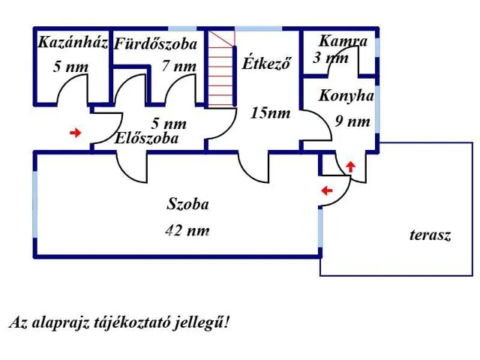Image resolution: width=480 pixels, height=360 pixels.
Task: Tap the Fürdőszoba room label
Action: pos(155,45)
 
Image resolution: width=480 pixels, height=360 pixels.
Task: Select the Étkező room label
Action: pos(265,63)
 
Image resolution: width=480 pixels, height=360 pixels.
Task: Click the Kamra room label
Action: pos(343,41)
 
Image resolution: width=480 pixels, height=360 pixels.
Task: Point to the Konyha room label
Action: pos(346,96)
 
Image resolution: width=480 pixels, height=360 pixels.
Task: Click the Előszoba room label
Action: pos(147,139)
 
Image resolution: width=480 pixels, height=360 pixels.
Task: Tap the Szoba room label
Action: pos(187,204)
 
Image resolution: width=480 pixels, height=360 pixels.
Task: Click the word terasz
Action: pos(430,235)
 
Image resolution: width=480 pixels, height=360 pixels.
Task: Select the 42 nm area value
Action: pos(187,231)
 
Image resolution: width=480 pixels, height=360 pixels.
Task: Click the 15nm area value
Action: pos(271,114)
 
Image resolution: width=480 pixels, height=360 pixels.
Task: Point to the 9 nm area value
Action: pos(352,121)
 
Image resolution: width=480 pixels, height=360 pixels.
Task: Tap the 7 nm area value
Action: pos(178,67)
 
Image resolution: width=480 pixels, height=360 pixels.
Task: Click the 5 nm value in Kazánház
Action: pos(70,67)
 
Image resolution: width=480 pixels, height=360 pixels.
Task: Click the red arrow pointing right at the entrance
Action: pos(75,133)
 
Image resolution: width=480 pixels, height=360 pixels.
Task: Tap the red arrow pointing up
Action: pos(350,166)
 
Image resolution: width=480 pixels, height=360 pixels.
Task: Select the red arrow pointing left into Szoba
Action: pos(326,191)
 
